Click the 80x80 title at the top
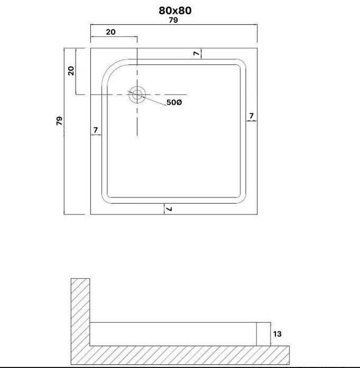(175, 11)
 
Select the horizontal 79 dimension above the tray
(173, 20)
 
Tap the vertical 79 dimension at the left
(59, 121)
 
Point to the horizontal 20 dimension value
(110, 32)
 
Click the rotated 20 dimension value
(71, 71)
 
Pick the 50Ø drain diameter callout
(174, 102)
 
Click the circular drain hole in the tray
(137, 95)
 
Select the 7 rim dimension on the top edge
(196, 54)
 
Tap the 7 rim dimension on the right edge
(252, 116)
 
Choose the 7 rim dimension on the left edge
(95, 130)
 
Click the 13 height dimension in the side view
(278, 334)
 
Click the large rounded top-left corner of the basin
(112, 70)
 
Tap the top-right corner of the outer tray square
(257, 48)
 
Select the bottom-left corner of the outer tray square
(91, 214)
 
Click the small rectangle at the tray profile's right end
(263, 334)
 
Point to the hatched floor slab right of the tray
(280, 355)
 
